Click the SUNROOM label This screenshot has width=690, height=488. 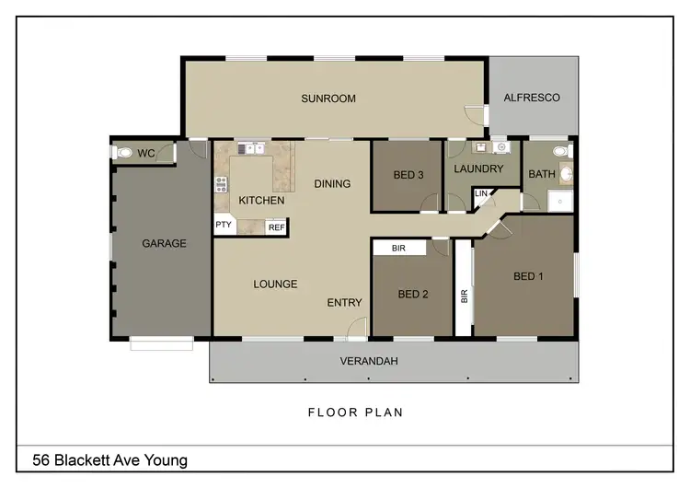(x=328, y=99)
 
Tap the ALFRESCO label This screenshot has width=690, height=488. (x=531, y=98)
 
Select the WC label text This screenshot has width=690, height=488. (x=145, y=154)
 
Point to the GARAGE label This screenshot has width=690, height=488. (x=164, y=244)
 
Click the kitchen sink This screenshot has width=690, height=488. (x=249, y=148)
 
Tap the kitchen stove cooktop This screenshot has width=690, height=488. (x=221, y=184)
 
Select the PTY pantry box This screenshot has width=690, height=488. (x=224, y=225)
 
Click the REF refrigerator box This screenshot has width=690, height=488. (x=275, y=227)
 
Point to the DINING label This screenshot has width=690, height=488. (x=332, y=183)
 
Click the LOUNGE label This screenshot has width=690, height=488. (x=275, y=284)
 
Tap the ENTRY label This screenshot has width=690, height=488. (x=344, y=302)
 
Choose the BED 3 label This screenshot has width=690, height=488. (x=408, y=175)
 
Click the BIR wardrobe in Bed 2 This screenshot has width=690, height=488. (x=398, y=248)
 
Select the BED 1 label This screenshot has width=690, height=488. (x=528, y=276)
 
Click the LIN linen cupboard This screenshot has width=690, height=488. (x=481, y=194)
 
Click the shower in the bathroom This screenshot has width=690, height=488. (x=558, y=202)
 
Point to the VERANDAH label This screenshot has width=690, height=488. (x=369, y=361)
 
